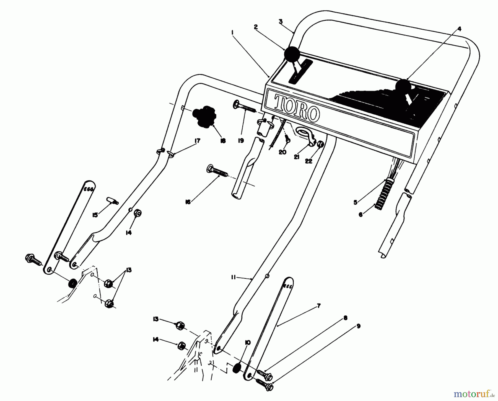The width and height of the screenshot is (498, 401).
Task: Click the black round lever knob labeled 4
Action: (x=404, y=86)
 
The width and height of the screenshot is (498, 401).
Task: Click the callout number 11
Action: (x=233, y=277)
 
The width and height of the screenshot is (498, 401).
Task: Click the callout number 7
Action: (x=318, y=306)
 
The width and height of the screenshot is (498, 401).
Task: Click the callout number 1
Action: (x=233, y=32)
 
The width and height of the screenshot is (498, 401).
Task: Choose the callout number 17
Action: (x=197, y=141)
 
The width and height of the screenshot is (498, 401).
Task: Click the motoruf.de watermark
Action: (x=474, y=393)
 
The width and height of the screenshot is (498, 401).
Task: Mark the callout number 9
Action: (x=358, y=326)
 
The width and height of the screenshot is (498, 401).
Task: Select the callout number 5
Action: (x=356, y=202)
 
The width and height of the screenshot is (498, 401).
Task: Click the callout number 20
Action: (x=282, y=152)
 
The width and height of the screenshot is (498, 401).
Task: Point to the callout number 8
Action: (x=345, y=318)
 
